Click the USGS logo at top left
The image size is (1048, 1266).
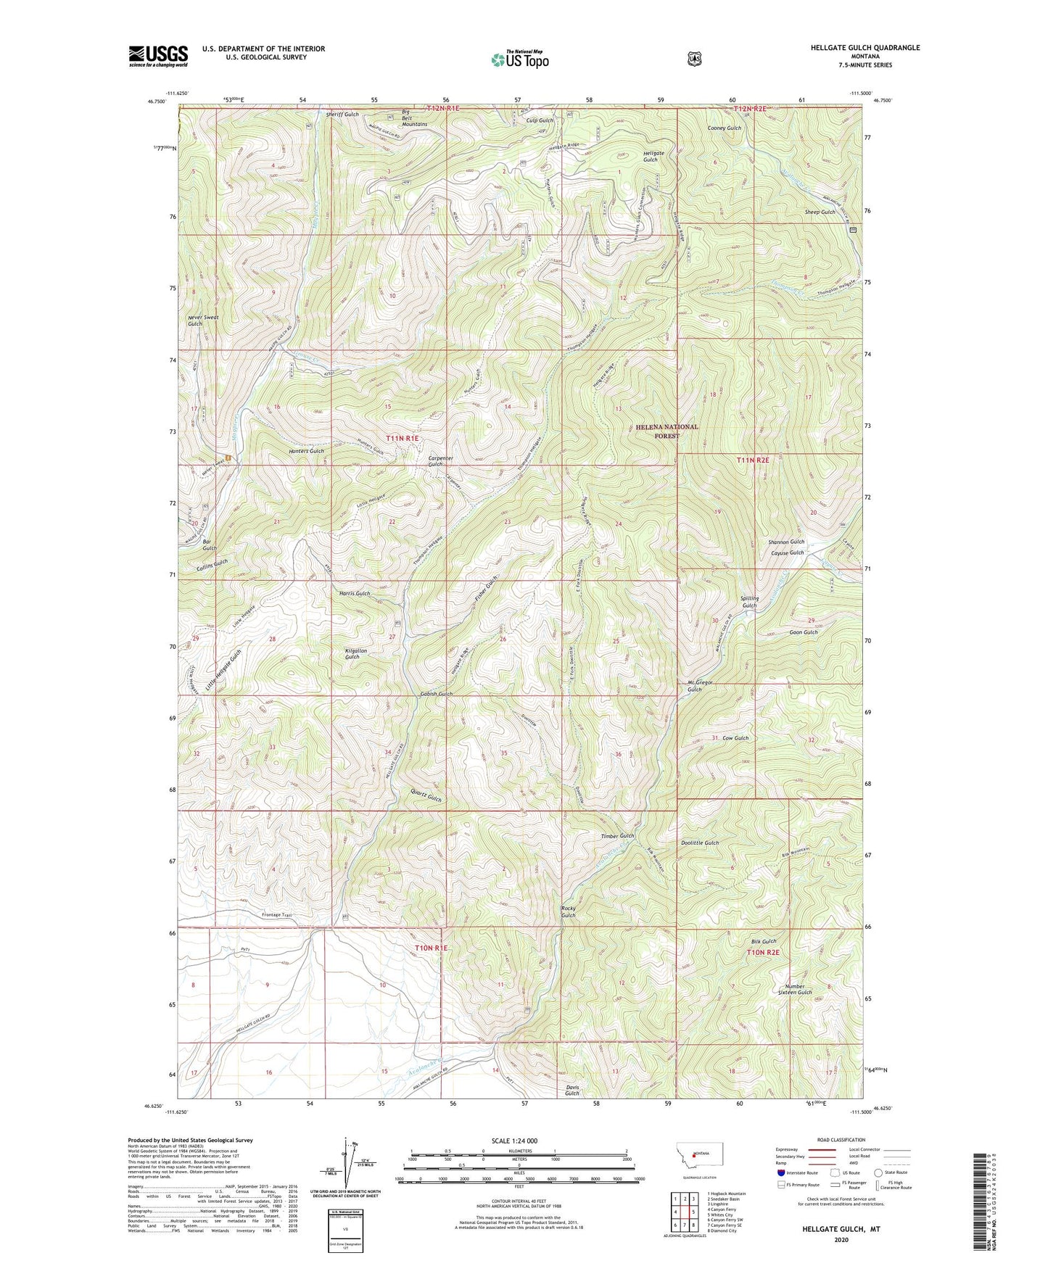click(158, 55)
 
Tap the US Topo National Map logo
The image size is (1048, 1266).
click(519, 59)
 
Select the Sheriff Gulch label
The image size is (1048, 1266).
click(342, 115)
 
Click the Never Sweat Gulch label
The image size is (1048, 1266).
click(203, 320)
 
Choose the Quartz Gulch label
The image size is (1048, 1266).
click(426, 798)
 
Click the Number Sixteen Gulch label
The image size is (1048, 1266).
click(795, 989)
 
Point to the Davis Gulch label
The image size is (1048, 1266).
click(572, 1090)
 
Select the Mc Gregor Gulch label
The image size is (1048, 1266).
click(695, 686)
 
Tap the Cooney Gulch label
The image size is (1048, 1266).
click(725, 128)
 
